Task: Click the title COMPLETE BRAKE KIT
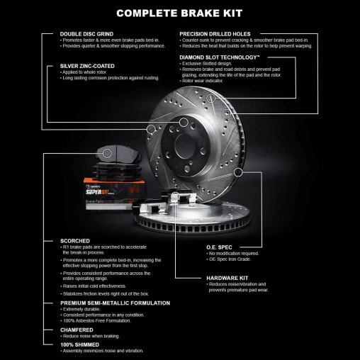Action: pyautogui.click(x=179, y=12)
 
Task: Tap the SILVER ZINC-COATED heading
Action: pyautogui.click(x=88, y=66)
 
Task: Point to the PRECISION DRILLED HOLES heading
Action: pyautogui.click(x=225, y=33)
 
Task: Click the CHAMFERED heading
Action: pyautogui.click(x=78, y=329)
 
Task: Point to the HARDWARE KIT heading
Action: pyautogui.click(x=227, y=277)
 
